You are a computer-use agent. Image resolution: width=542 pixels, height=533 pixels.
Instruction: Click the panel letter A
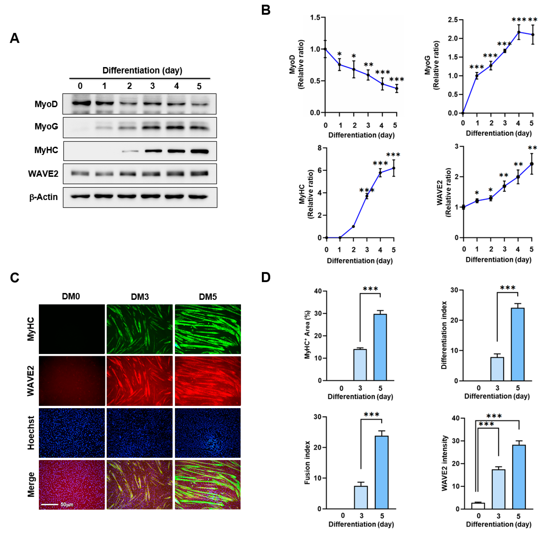[x=15, y=38]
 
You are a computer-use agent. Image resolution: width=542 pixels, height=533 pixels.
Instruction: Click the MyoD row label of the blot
[x=46, y=104]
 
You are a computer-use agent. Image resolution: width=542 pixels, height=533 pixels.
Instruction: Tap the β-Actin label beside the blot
[x=44, y=197]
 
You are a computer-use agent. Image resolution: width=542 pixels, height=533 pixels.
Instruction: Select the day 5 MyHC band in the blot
[x=199, y=151]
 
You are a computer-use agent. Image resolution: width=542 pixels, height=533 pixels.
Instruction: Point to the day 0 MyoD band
[x=81, y=103]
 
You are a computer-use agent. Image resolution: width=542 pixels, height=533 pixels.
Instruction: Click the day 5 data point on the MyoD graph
[x=396, y=88]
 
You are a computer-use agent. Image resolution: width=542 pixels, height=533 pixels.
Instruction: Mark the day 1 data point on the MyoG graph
[x=477, y=76]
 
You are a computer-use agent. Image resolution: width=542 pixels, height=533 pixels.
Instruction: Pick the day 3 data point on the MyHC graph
[x=367, y=196]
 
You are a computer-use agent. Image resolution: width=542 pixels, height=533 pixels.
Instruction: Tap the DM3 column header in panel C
[x=140, y=297]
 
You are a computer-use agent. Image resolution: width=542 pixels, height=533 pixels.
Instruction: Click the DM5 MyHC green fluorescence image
[x=208, y=329]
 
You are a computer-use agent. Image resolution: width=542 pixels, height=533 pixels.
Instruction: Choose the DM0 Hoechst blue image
[x=72, y=433]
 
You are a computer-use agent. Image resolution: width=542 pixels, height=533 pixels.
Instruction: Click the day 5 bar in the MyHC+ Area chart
[x=380, y=347]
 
